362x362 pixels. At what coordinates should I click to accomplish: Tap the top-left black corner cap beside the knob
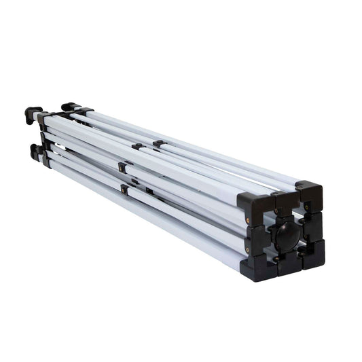[x=253, y=203]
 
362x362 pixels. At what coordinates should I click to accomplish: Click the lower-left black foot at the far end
[x=35, y=151]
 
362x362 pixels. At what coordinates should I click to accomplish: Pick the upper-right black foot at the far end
[x=69, y=107]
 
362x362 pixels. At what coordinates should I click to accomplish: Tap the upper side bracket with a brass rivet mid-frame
[x=122, y=166]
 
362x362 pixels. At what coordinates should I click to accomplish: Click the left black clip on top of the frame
[x=138, y=146]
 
